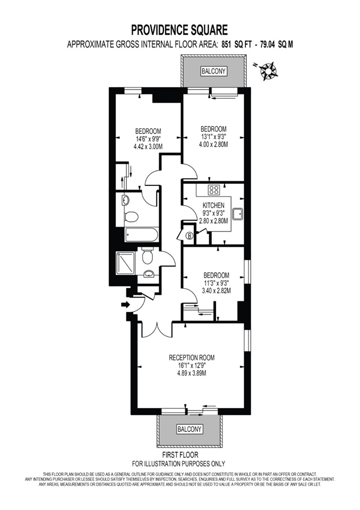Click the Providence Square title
(x=179, y=30)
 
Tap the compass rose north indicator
(x=267, y=70)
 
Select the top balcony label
(x=213, y=71)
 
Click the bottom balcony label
(x=190, y=429)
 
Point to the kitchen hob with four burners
(x=213, y=190)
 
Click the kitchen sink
(x=237, y=214)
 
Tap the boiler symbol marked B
(x=190, y=235)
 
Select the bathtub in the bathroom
(x=141, y=234)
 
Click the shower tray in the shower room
(x=125, y=263)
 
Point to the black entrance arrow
(x=125, y=304)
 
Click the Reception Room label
(x=192, y=358)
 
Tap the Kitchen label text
(x=213, y=206)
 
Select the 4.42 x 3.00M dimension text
(x=148, y=147)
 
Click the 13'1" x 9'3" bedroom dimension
(x=213, y=137)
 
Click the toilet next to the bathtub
(x=132, y=216)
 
